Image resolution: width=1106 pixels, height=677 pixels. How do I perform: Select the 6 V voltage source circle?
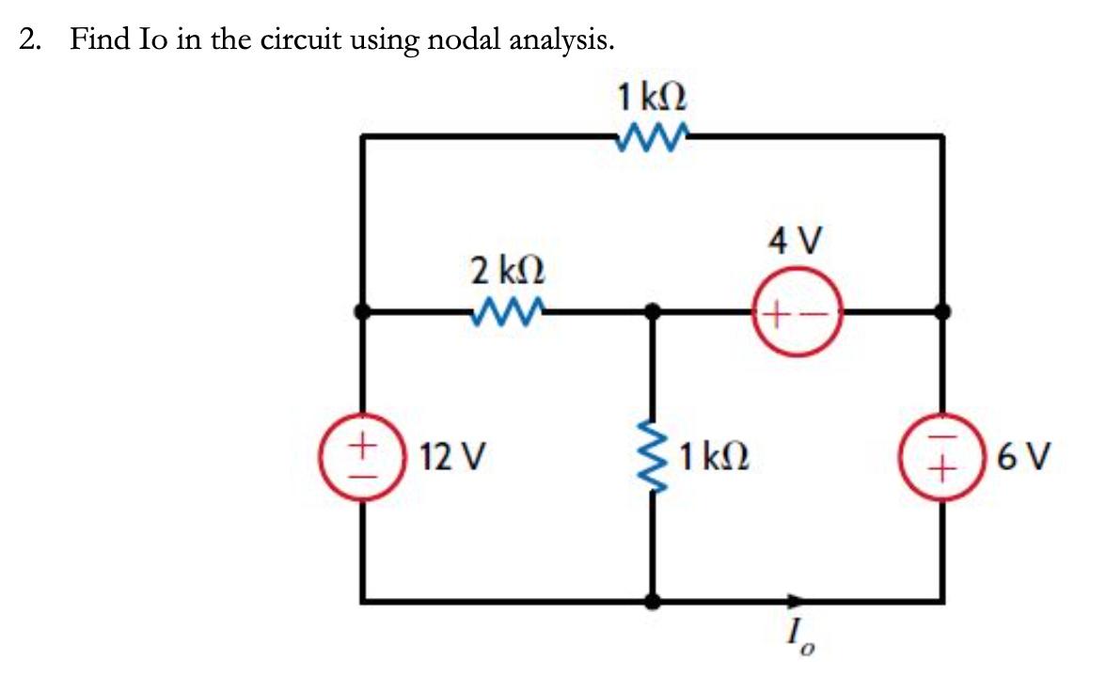[x=941, y=456]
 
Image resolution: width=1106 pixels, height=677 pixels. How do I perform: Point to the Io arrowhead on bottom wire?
[x=798, y=599]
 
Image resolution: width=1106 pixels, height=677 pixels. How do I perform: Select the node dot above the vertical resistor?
[x=653, y=309]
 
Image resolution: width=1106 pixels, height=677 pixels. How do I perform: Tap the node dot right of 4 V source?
[x=942, y=309]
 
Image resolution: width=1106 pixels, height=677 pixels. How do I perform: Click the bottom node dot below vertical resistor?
[x=653, y=599]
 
